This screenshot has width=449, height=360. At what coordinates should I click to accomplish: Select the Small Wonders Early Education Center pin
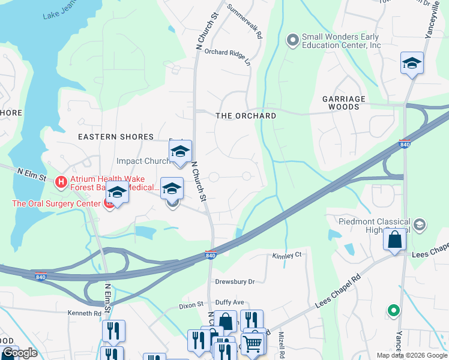(x=293, y=40)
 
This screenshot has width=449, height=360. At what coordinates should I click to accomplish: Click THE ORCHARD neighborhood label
(x=246, y=116)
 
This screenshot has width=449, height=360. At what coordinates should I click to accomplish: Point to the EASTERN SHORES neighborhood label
(x=116, y=137)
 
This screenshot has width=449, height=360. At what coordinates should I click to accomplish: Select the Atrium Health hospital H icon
(x=60, y=181)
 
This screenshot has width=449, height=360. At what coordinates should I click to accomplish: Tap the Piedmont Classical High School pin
(x=420, y=225)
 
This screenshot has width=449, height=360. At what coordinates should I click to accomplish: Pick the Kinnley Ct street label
(x=286, y=256)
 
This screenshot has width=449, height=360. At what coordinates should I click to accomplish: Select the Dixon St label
(x=191, y=306)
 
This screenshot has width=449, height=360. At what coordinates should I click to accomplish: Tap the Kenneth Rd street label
(x=85, y=313)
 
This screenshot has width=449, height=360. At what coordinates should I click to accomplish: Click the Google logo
(x=20, y=353)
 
